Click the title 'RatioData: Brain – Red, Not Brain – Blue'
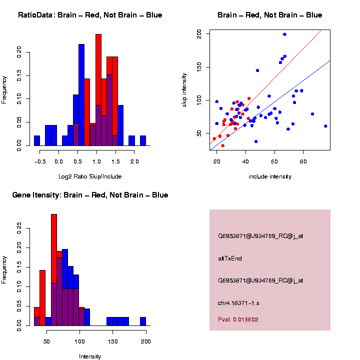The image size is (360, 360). (x=90, y=15)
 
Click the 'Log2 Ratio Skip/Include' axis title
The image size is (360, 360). (x=90, y=176)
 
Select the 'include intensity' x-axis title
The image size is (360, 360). (x=269, y=176)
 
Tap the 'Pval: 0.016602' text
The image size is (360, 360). (x=238, y=319)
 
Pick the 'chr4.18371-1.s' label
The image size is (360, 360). (x=238, y=303)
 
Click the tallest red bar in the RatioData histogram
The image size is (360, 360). (x=98, y=90)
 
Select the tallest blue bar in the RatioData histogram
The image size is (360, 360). (x=81, y=95)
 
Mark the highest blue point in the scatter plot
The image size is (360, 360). (x=284, y=34)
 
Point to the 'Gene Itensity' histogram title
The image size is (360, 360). (x=90, y=195)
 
